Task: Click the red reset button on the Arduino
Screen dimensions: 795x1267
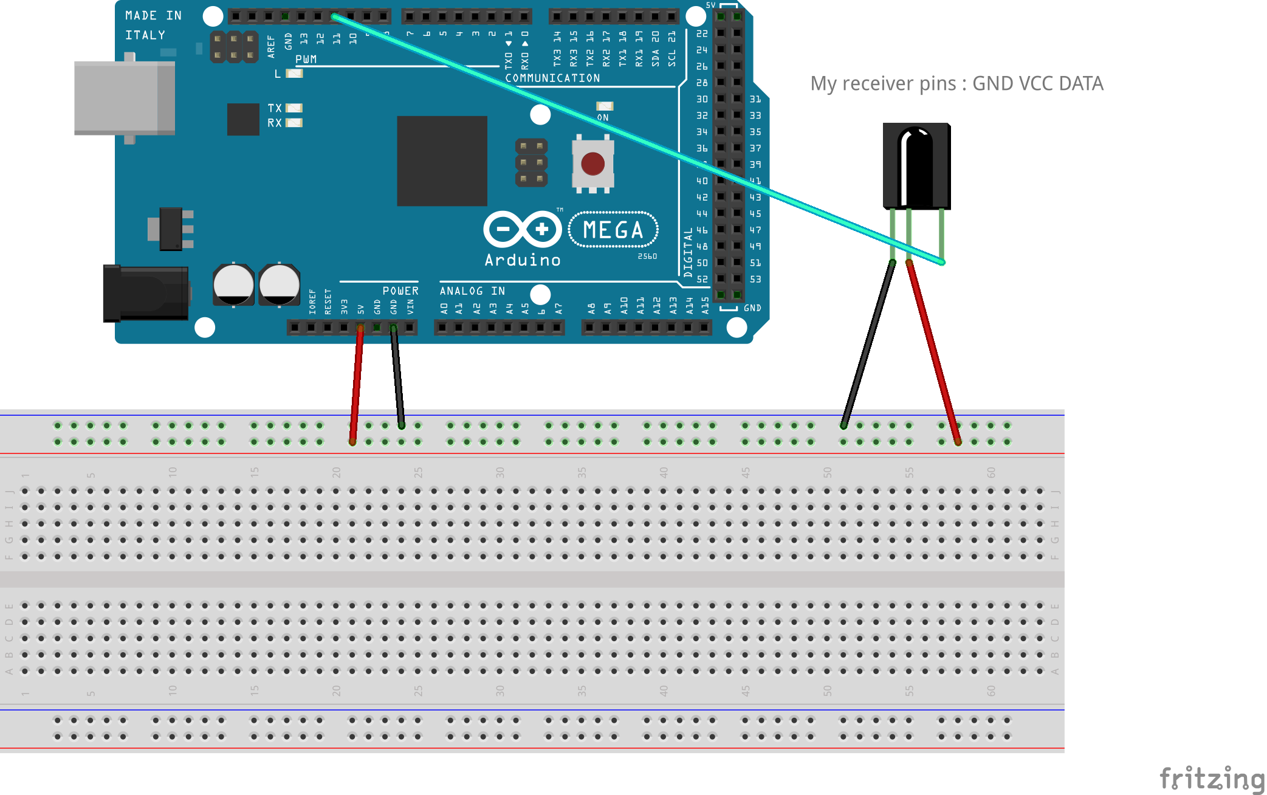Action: click(592, 163)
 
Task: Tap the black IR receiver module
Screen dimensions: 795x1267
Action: click(916, 166)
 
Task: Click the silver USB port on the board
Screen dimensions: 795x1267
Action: click(124, 97)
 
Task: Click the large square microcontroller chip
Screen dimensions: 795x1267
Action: click(442, 161)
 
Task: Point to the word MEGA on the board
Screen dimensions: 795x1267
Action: click(613, 230)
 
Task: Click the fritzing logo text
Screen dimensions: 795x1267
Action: click(1211, 779)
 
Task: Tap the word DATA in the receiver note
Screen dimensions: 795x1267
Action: click(1080, 83)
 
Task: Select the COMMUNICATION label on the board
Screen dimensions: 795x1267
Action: click(552, 78)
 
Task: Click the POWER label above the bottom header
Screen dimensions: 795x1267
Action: click(400, 291)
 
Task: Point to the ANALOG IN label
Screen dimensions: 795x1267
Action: click(472, 291)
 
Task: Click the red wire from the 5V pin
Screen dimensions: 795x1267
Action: click(357, 383)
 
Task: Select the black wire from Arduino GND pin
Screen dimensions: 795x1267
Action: click(397, 377)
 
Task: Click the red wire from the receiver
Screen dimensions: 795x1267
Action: click(933, 353)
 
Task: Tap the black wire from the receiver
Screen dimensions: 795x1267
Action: click(868, 343)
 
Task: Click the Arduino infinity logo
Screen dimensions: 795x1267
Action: click(523, 229)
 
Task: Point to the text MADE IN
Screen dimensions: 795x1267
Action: click(153, 16)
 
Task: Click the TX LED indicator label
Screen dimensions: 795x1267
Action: click(275, 108)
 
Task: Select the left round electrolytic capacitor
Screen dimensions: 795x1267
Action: click(233, 284)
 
